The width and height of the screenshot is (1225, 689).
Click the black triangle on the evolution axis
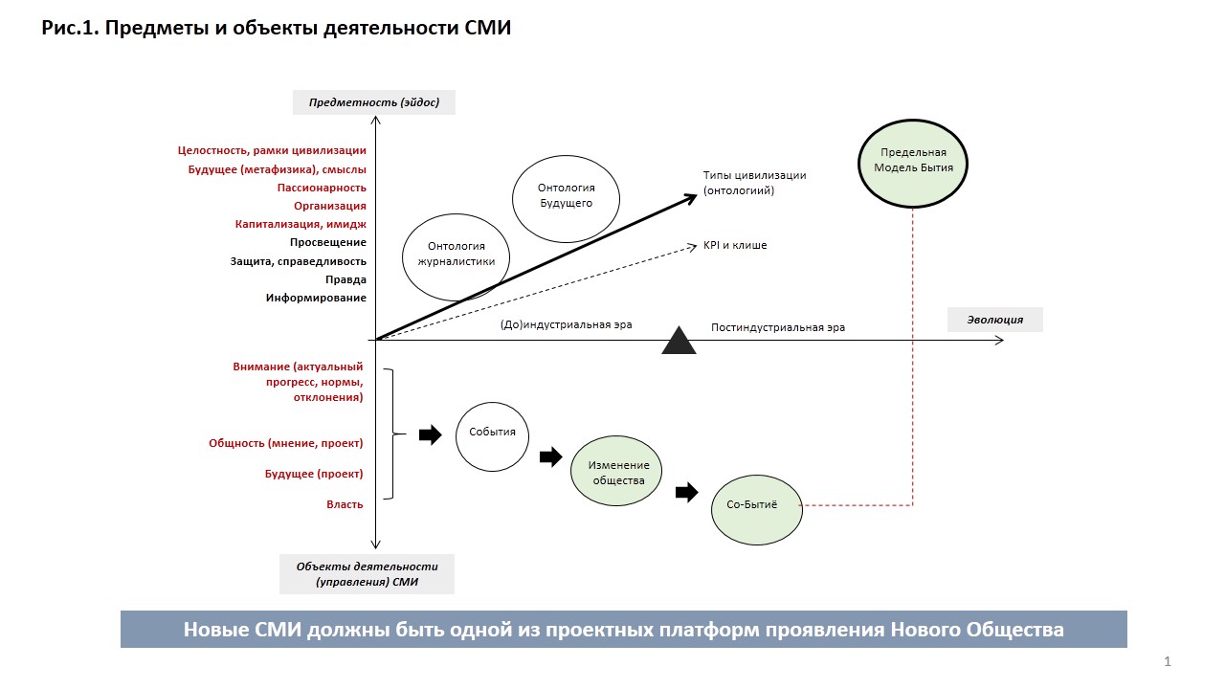point(679,342)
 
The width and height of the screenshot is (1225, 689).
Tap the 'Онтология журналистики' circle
point(456,254)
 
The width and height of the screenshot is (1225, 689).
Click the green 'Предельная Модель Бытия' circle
point(913,160)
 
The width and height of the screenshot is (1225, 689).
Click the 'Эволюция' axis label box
point(994,320)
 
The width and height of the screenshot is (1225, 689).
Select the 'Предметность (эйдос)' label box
point(373,101)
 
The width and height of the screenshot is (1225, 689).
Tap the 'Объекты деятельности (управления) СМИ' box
point(367,574)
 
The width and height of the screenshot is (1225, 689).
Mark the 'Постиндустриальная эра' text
point(777,327)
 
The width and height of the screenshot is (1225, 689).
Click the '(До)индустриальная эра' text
point(566,324)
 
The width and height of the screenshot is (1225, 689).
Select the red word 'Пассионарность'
point(322,188)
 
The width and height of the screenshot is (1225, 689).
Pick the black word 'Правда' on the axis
point(345,279)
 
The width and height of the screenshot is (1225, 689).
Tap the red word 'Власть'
point(345,504)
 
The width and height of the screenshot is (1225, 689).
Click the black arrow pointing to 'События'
point(431,435)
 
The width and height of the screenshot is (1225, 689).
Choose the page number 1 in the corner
point(1168,661)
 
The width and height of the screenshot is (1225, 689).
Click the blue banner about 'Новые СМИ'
point(623,630)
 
